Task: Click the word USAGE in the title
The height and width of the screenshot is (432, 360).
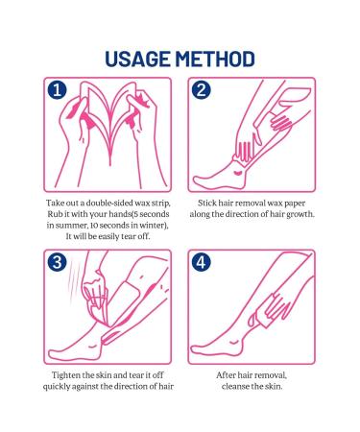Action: point(137,60)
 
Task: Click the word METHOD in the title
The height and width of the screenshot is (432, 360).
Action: point(215,60)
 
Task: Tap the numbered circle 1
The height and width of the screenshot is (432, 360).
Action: point(58,90)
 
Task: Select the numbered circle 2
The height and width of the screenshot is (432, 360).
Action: point(202,90)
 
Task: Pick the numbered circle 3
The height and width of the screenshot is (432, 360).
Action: point(58,262)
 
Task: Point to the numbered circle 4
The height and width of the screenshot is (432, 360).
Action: point(202,262)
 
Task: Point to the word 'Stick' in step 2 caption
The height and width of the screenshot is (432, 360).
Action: point(206,203)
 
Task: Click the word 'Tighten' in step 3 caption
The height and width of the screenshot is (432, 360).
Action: point(66,374)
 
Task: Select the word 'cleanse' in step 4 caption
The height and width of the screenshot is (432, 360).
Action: point(235,386)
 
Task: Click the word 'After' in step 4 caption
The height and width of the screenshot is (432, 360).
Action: point(226,374)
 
